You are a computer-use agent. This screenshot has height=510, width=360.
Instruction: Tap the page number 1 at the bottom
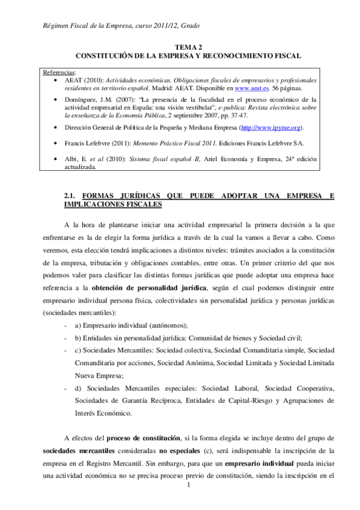tap(189, 502)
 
